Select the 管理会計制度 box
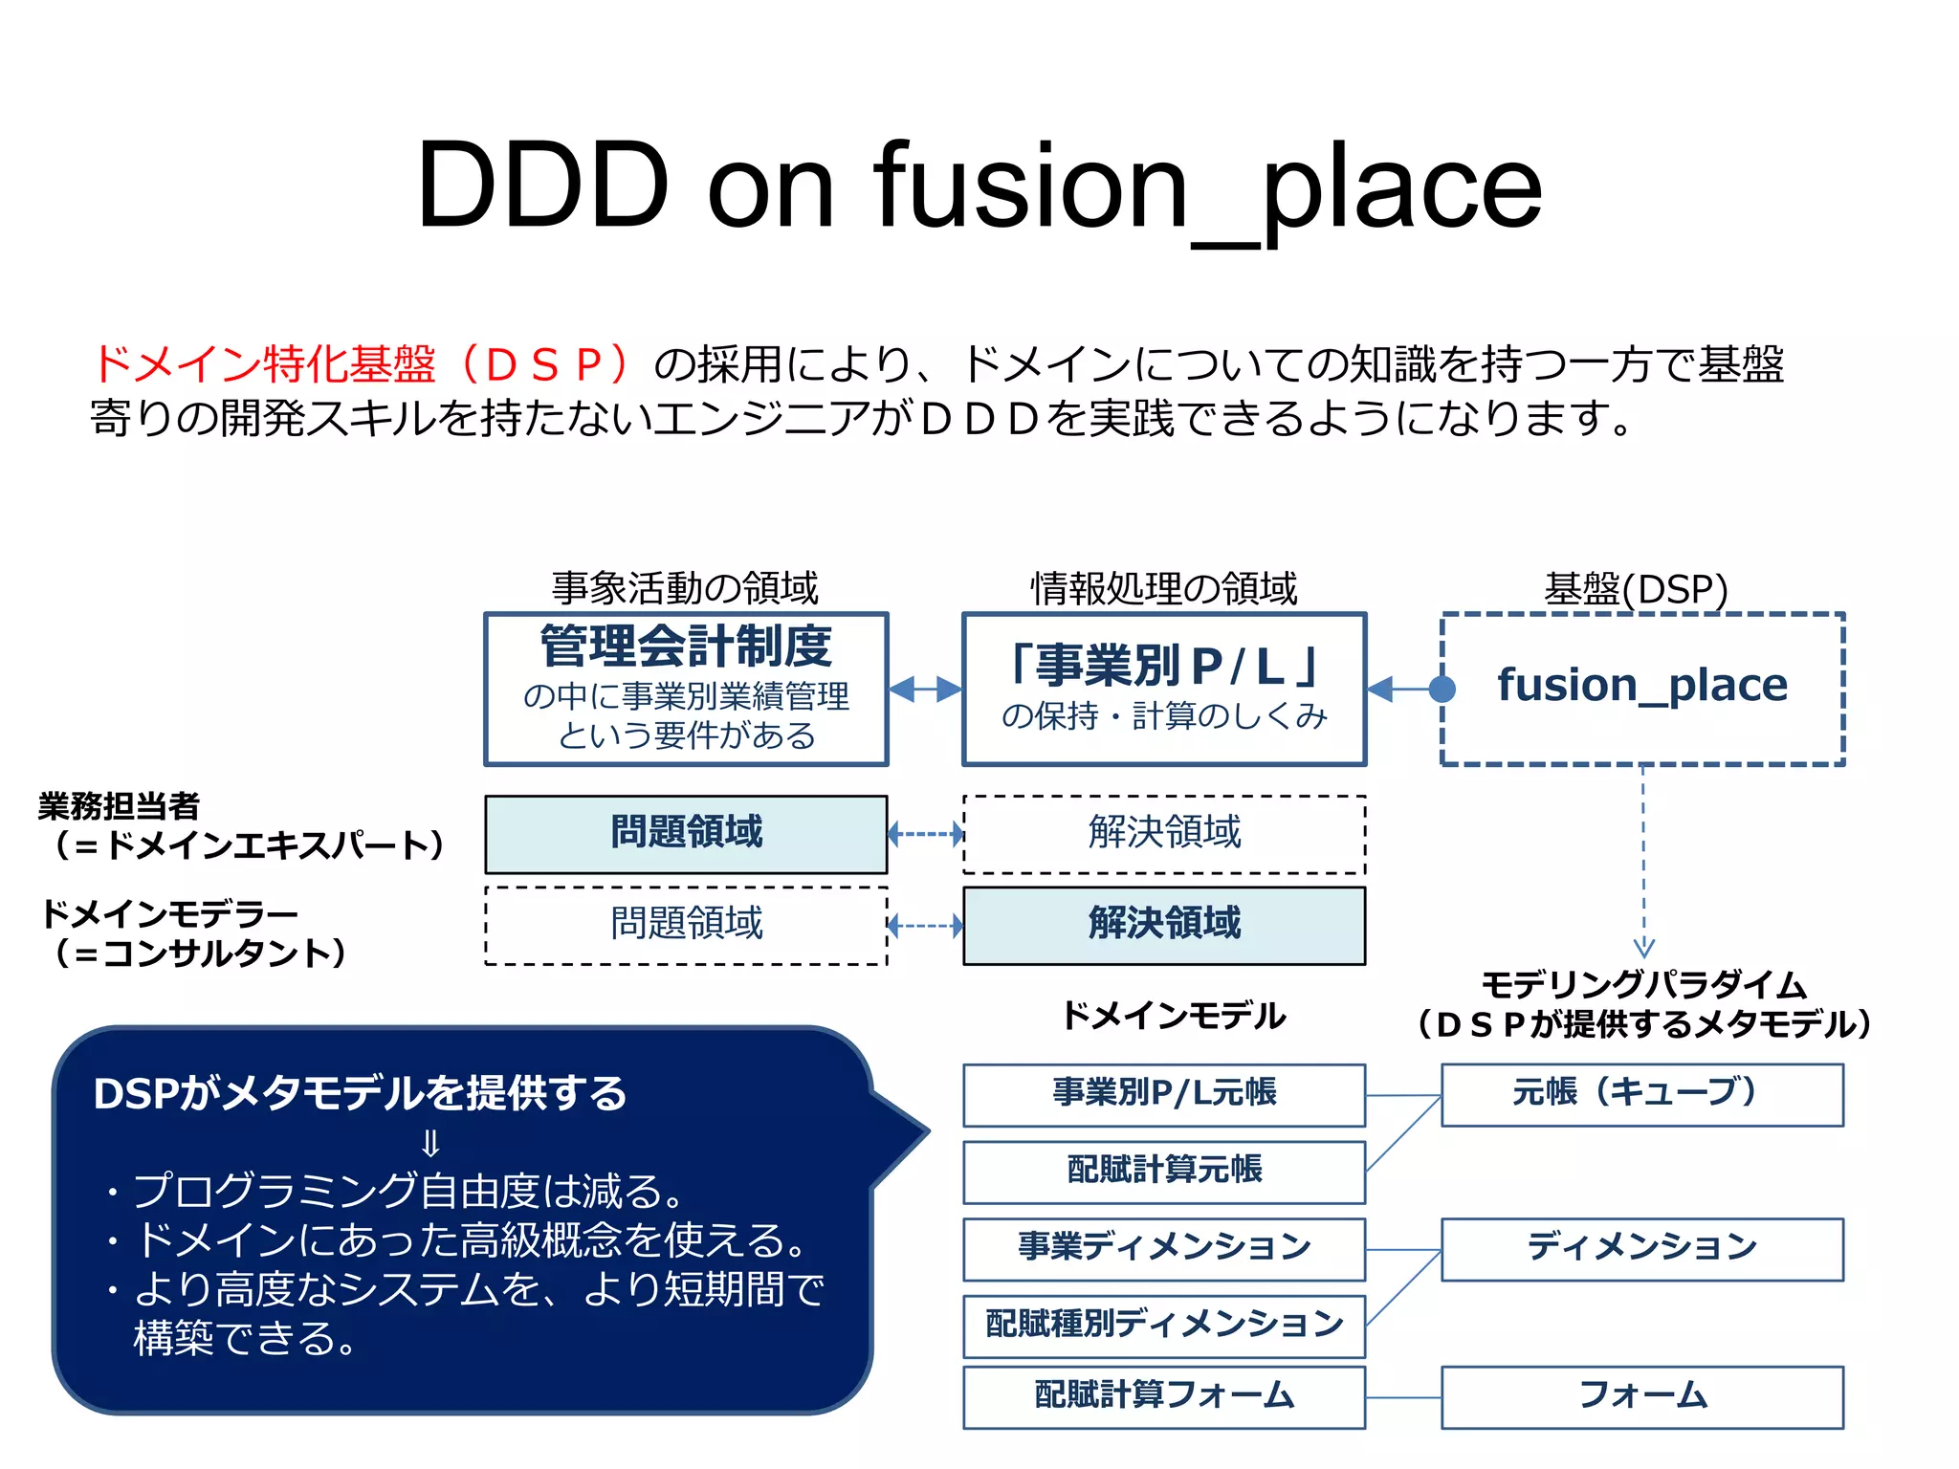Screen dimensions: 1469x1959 click(686, 689)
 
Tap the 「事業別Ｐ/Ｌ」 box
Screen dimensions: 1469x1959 click(1164, 689)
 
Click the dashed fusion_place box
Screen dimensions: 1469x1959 click(1642, 689)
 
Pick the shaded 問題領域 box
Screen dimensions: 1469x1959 click(686, 834)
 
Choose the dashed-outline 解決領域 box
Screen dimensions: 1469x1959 click(1164, 834)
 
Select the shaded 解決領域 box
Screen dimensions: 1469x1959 click(1164, 925)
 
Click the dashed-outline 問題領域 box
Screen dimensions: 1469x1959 click(686, 925)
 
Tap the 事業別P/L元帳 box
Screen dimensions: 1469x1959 click(1164, 1094)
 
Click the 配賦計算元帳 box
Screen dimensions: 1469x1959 click(1164, 1172)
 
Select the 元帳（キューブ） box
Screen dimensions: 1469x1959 click(1642, 1094)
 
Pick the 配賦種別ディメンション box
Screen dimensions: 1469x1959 click(1164, 1326)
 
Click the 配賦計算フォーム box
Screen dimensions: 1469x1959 click(1164, 1396)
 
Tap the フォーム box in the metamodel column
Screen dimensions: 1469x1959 click(1642, 1396)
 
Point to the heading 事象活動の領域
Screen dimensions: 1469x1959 click(685, 588)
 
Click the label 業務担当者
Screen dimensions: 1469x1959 click(119, 806)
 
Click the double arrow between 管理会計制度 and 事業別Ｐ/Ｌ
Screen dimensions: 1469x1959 click(925, 689)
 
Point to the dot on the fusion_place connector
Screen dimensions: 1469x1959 click(1442, 689)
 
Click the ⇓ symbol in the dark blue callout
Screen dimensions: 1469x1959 click(430, 1144)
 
